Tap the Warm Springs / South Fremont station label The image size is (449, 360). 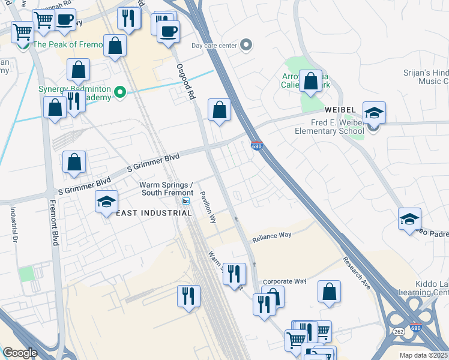click(166, 188)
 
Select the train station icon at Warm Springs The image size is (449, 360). click(186, 202)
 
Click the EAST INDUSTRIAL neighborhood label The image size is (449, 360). click(145, 214)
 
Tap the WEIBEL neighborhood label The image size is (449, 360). click(342, 110)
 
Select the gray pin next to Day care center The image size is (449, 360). click(246, 45)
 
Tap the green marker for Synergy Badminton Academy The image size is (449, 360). click(120, 92)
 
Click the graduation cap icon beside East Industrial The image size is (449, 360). click(106, 202)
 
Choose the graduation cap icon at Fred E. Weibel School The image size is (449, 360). click(374, 113)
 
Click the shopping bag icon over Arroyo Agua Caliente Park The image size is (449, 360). click(311, 82)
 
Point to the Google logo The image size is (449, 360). click(20, 353)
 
